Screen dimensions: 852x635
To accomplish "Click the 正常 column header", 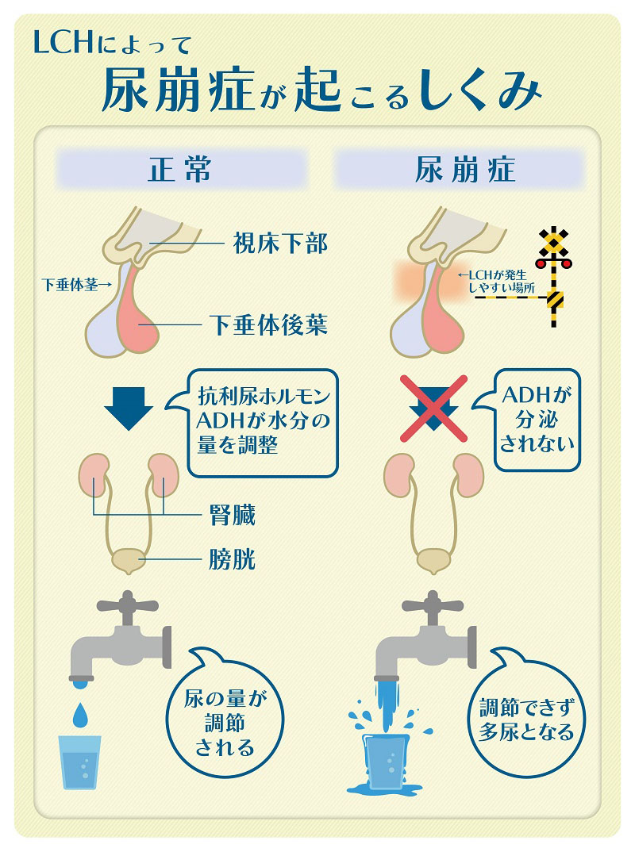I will point(180,170).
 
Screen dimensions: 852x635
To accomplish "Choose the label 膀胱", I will point(233,560).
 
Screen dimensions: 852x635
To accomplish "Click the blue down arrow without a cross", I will point(129,407).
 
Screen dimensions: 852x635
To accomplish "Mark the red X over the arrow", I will point(433,408).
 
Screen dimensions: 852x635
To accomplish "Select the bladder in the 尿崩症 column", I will point(433,560).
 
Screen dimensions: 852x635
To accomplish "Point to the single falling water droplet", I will point(80,714).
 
